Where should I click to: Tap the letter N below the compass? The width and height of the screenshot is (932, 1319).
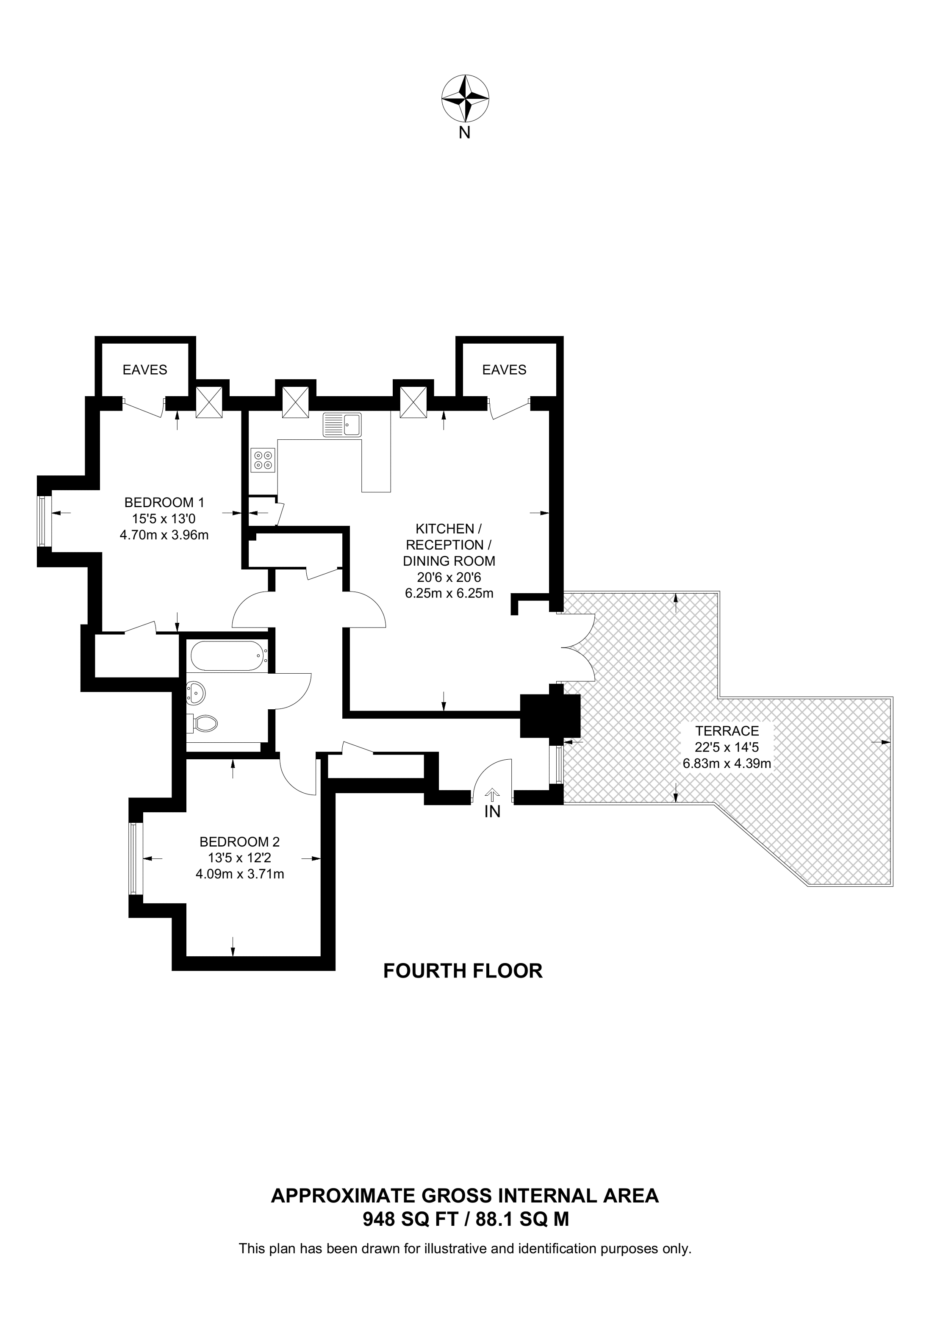465,133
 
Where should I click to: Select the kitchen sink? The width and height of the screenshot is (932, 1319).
342,425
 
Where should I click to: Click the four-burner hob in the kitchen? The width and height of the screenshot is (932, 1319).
263,460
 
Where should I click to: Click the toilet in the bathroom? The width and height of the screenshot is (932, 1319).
202,723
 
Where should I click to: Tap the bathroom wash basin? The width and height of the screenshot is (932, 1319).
195,693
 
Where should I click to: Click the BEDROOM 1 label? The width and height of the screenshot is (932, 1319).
164,503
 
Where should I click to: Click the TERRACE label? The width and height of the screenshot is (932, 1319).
727,731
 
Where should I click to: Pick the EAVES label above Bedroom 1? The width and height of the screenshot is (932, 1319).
145,370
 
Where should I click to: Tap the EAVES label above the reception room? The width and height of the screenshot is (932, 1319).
504,370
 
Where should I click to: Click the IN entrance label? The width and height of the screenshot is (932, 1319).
493,812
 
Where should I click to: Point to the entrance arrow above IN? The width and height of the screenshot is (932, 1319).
493,794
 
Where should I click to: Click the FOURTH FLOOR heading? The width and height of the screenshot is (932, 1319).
463,971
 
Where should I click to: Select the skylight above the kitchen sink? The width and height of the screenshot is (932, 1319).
296,401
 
